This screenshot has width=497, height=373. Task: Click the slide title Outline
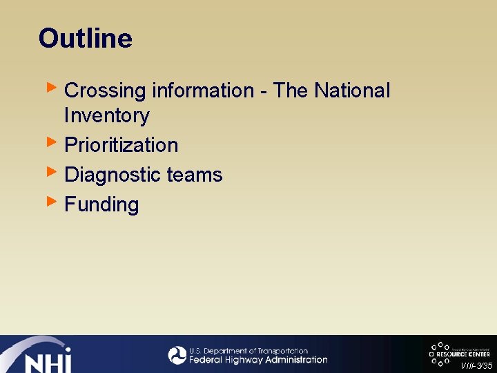(x=85, y=38)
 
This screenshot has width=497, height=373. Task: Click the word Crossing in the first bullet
(x=105, y=91)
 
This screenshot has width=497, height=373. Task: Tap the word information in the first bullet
(x=203, y=91)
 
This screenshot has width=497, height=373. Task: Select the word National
(x=352, y=91)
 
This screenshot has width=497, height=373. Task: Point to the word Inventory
(x=106, y=115)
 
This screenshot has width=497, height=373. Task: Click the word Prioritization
(x=121, y=145)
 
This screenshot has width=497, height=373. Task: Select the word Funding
(x=101, y=204)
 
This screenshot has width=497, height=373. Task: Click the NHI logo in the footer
(x=41, y=356)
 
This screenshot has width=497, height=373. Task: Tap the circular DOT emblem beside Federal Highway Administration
(x=177, y=355)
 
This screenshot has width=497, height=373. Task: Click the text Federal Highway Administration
(x=258, y=360)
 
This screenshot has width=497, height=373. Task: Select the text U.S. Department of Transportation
(x=248, y=351)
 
